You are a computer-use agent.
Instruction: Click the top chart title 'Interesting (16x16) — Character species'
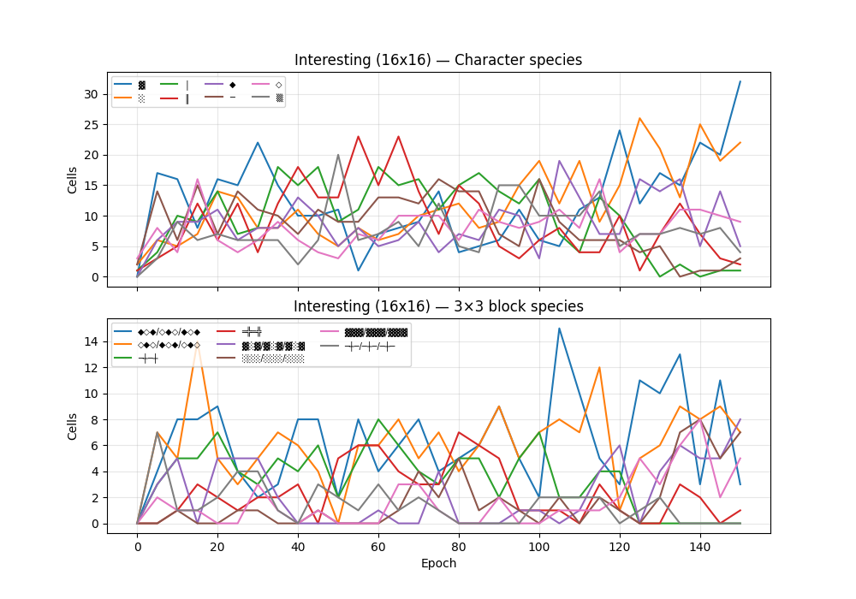[438, 60]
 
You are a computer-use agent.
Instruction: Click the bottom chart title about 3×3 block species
[438, 306]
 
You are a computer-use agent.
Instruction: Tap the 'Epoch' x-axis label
[438, 563]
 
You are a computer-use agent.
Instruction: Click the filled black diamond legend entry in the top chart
[222, 85]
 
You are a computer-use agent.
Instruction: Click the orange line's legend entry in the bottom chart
[158, 344]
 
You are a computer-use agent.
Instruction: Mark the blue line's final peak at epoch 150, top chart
[740, 81]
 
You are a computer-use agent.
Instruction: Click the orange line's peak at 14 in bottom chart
[198, 341]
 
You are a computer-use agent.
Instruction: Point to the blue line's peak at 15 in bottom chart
[560, 329]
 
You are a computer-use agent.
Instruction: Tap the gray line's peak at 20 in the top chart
[338, 155]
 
